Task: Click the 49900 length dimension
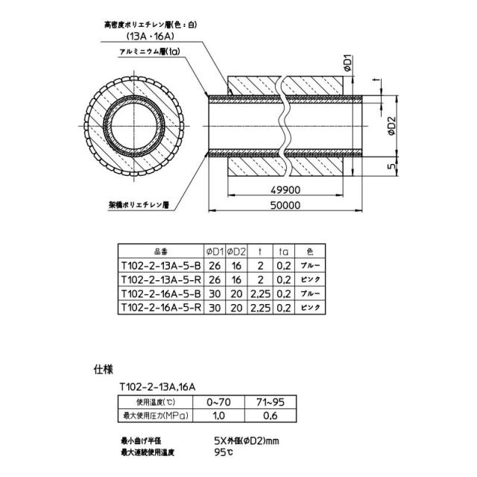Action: click(x=285, y=190)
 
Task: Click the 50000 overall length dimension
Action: click(x=285, y=206)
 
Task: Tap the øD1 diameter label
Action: click(x=348, y=63)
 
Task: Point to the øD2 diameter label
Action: click(x=392, y=126)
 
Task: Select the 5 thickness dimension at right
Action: click(x=393, y=166)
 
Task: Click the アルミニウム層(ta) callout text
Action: click(x=150, y=51)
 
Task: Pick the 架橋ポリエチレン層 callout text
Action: click(x=139, y=205)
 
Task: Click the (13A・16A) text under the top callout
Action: click(x=151, y=37)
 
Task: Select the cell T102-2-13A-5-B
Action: click(x=161, y=266)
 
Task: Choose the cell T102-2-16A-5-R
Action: click(x=161, y=308)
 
